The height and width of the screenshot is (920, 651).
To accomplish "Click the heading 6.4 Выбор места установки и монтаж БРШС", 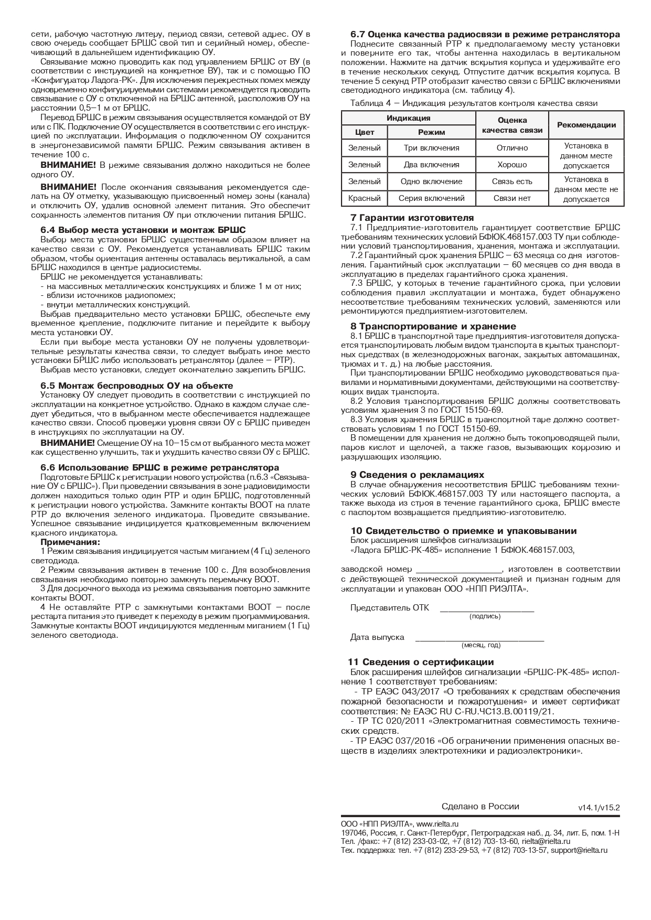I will click(143, 230).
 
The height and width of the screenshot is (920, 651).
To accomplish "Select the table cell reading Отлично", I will click(512, 148).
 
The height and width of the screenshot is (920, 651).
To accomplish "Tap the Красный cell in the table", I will click(364, 198).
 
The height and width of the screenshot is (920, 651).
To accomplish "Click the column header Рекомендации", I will click(586, 125).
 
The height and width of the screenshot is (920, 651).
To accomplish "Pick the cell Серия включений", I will click(431, 198).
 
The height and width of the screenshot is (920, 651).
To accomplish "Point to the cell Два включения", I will click(431, 165).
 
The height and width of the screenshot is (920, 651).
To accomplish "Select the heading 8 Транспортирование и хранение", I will click(433, 326).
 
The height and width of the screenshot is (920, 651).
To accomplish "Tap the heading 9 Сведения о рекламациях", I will click(417, 475).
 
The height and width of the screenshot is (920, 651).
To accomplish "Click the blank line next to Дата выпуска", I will click(479, 639).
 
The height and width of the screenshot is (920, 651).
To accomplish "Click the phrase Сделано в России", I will click(480, 807).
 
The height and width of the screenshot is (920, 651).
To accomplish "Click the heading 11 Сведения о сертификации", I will click(421, 662).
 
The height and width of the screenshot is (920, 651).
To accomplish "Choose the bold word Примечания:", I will click(70, 542).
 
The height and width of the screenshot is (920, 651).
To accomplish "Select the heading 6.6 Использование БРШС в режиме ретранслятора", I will click(160, 467).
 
